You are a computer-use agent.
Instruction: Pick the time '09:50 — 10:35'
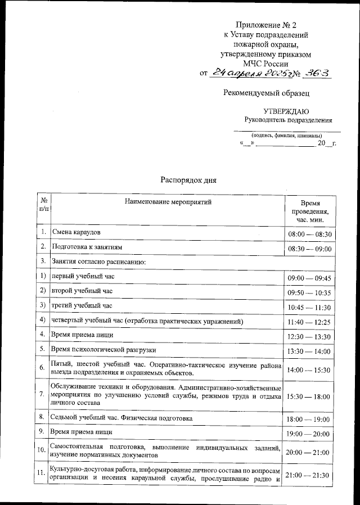(309, 293)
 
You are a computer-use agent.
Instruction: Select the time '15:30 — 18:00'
(309, 396)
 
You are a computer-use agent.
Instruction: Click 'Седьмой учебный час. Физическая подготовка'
(122, 418)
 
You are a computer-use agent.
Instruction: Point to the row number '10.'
(42, 450)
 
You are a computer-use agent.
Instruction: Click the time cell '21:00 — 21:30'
(309, 476)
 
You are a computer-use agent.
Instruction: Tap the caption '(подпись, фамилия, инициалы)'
(287, 136)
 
